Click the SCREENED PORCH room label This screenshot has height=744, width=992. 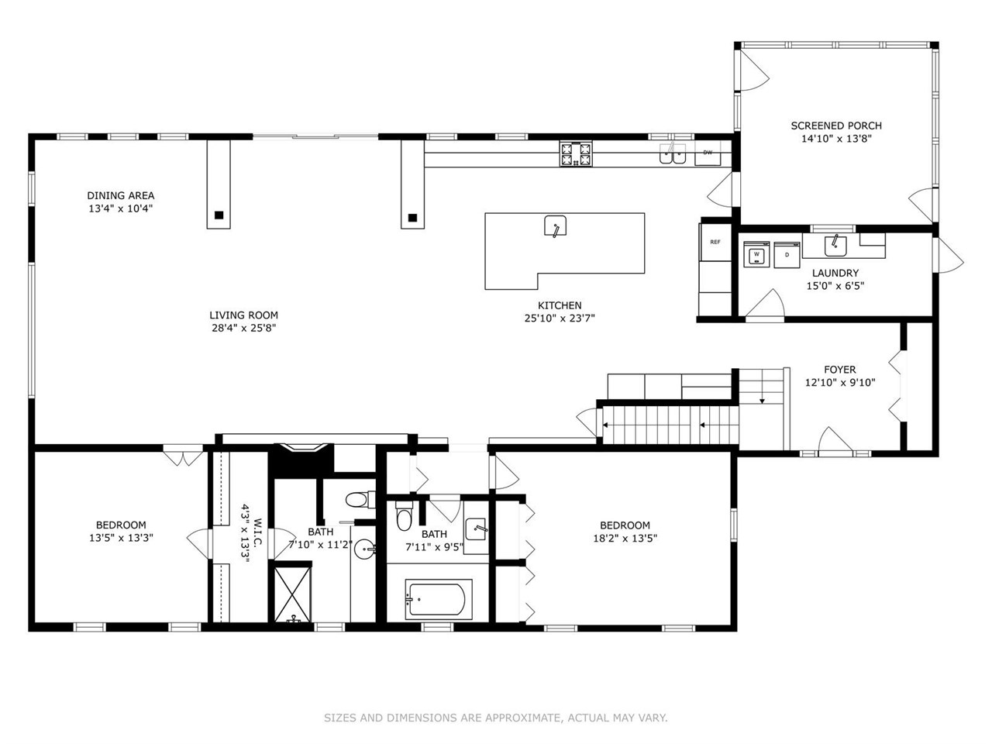[x=835, y=126]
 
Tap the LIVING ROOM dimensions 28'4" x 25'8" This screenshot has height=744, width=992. [x=243, y=328]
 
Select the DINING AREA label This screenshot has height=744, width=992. [x=120, y=195]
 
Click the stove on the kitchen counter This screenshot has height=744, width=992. [x=576, y=153]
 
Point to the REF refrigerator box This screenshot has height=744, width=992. [x=715, y=242]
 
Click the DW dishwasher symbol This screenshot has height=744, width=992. [x=708, y=153]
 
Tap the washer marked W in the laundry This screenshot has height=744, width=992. [x=756, y=254]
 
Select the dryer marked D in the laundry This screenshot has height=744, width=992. [x=787, y=254]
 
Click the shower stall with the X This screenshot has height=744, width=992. [x=293, y=594]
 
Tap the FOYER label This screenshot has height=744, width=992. [x=840, y=370]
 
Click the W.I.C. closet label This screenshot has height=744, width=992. [x=257, y=531]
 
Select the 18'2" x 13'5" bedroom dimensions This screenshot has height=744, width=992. [x=625, y=538]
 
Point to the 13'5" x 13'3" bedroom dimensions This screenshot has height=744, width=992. [x=121, y=538]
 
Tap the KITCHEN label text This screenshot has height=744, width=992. [x=560, y=305]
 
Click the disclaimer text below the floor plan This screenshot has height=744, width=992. [x=496, y=718]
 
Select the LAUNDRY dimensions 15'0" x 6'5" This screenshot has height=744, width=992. [x=835, y=285]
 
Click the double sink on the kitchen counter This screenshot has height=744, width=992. [x=673, y=154]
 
